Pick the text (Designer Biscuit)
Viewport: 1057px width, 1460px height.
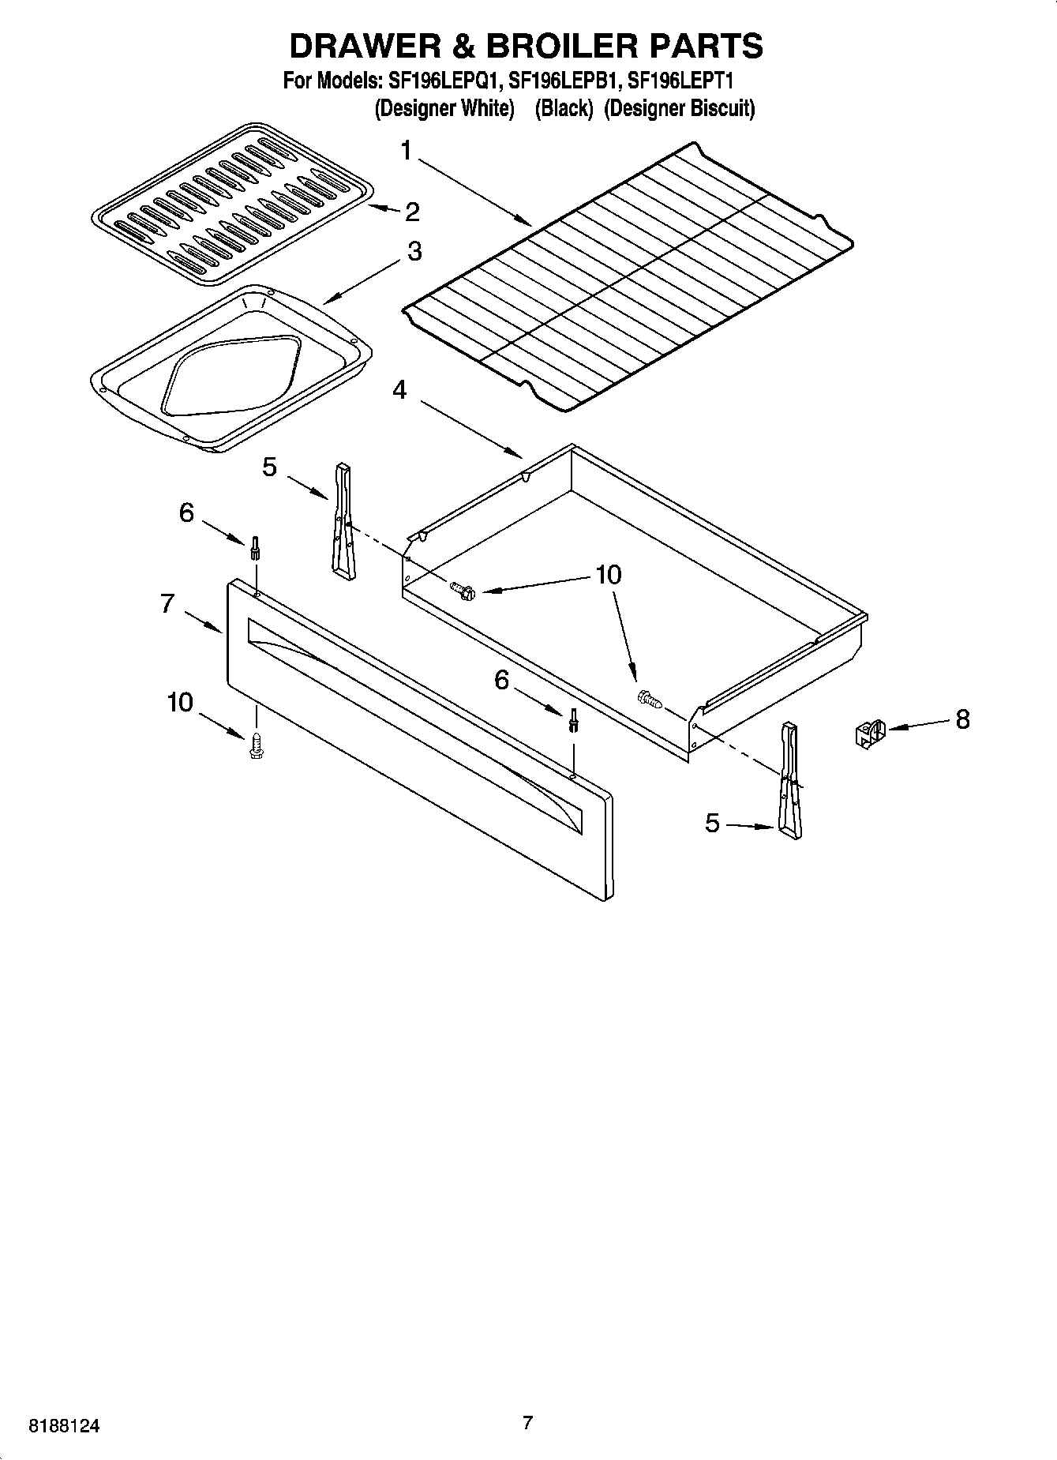click(x=680, y=108)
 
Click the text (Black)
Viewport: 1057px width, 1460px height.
click(x=564, y=108)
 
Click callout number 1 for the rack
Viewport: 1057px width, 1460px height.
click(x=406, y=150)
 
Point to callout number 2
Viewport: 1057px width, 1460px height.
click(x=412, y=212)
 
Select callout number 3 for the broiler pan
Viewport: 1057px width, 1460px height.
click(x=414, y=252)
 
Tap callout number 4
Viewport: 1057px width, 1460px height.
click(x=400, y=390)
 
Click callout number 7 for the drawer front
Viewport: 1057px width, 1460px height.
click(x=167, y=604)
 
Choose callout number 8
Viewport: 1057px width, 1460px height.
click(x=962, y=719)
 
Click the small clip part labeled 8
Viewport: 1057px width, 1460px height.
click(x=869, y=734)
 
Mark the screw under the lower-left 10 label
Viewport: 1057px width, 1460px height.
click(x=256, y=746)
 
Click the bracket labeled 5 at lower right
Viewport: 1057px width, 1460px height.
click(x=790, y=779)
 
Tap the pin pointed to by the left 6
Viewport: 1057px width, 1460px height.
click(x=255, y=547)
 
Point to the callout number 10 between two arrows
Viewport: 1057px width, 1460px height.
click(x=608, y=575)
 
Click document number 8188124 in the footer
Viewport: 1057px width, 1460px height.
click(x=65, y=1427)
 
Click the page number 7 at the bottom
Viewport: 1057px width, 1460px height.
click(x=527, y=1423)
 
